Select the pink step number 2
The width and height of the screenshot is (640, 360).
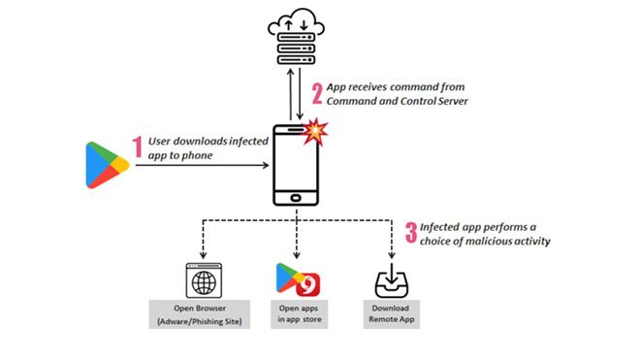click(x=317, y=93)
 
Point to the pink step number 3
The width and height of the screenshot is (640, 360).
click(x=412, y=232)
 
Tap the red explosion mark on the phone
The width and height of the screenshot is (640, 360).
click(x=314, y=132)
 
